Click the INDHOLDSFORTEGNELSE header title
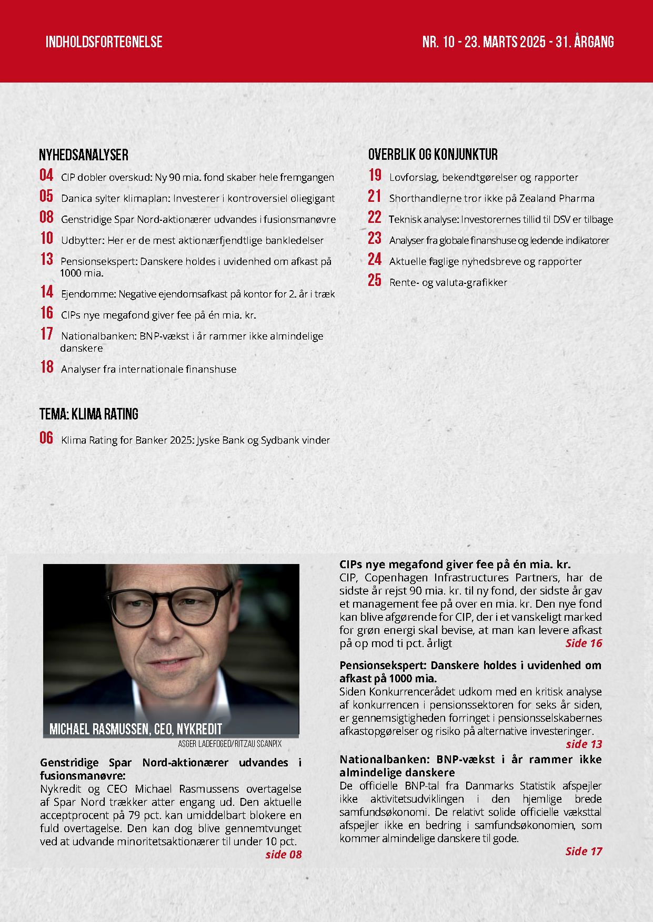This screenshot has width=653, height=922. [x=104, y=42]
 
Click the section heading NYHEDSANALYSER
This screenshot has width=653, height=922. [x=84, y=155]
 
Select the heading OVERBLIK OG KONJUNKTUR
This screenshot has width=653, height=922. [x=433, y=155]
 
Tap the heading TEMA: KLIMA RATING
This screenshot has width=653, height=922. [x=89, y=414]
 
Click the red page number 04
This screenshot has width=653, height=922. [x=46, y=175]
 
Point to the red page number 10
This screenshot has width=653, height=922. [x=47, y=238]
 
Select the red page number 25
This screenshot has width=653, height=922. [x=375, y=280]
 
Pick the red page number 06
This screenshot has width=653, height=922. [x=46, y=438]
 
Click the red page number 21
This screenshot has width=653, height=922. [x=375, y=196]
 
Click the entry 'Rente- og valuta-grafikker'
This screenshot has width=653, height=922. [x=448, y=283]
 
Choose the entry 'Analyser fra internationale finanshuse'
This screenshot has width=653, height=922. [x=148, y=370]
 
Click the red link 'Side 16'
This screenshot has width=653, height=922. [x=584, y=643]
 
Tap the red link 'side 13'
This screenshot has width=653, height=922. [x=584, y=744]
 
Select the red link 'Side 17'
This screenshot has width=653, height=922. [x=584, y=852]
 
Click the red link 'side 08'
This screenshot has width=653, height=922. [x=284, y=855]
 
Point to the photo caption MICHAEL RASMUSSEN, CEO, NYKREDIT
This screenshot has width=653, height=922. [x=136, y=729]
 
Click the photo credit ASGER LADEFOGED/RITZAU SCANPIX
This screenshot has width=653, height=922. [x=230, y=744]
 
